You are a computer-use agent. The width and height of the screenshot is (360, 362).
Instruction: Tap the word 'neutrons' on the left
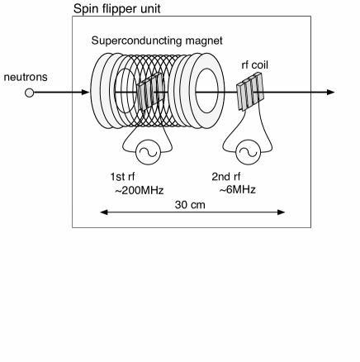pos(26,77)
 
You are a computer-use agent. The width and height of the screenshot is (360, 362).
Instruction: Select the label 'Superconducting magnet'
pos(157,40)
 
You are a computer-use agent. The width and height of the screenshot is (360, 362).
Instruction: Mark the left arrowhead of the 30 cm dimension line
pos(102,212)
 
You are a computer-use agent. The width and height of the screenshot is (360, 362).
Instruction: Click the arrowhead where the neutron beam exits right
pos(332,93)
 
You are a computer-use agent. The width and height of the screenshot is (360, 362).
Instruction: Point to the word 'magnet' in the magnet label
pos(206,40)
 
